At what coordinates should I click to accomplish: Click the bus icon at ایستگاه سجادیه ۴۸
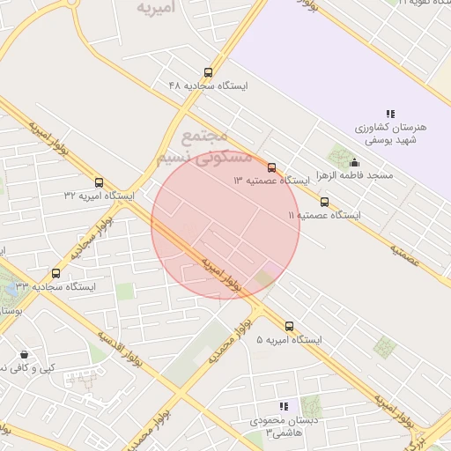coord(208,73)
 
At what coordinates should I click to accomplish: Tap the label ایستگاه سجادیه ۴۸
coord(210,86)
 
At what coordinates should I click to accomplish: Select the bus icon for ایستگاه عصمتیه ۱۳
coord(271,167)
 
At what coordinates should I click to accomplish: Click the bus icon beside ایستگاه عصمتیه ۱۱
coord(324,202)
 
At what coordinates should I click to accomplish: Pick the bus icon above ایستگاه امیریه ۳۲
coord(98,182)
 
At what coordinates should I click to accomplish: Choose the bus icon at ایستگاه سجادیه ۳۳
coord(56,274)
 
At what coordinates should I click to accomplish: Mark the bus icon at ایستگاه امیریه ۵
coord(289,327)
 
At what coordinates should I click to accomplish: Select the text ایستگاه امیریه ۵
coord(290,340)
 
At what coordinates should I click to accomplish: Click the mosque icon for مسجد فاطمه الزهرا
coord(354,162)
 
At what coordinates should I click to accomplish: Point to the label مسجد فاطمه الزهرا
coord(358,176)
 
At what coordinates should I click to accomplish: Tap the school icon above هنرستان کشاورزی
coord(389,114)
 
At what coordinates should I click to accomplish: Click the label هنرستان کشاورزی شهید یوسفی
coord(390,133)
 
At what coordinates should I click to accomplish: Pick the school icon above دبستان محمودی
coord(284,406)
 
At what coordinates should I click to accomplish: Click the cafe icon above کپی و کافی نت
coord(23,353)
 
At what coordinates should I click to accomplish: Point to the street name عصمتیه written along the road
coord(405,256)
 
